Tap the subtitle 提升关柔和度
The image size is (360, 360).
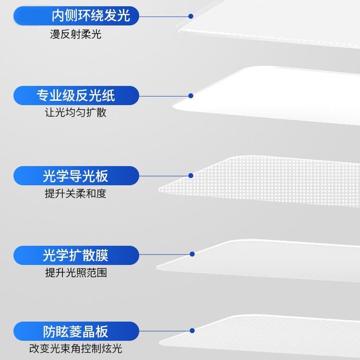[x=75, y=193]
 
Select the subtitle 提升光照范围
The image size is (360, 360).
[x=75, y=273]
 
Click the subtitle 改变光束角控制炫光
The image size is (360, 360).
[x=75, y=348]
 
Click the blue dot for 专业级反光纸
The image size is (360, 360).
[x=191, y=96]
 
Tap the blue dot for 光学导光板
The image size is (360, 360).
[x=191, y=176]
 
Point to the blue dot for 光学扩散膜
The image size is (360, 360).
[x=192, y=254]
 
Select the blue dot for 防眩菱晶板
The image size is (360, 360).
[x=192, y=331]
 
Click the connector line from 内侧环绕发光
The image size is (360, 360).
[x=163, y=16]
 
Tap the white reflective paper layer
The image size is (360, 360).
[x=269, y=96]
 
